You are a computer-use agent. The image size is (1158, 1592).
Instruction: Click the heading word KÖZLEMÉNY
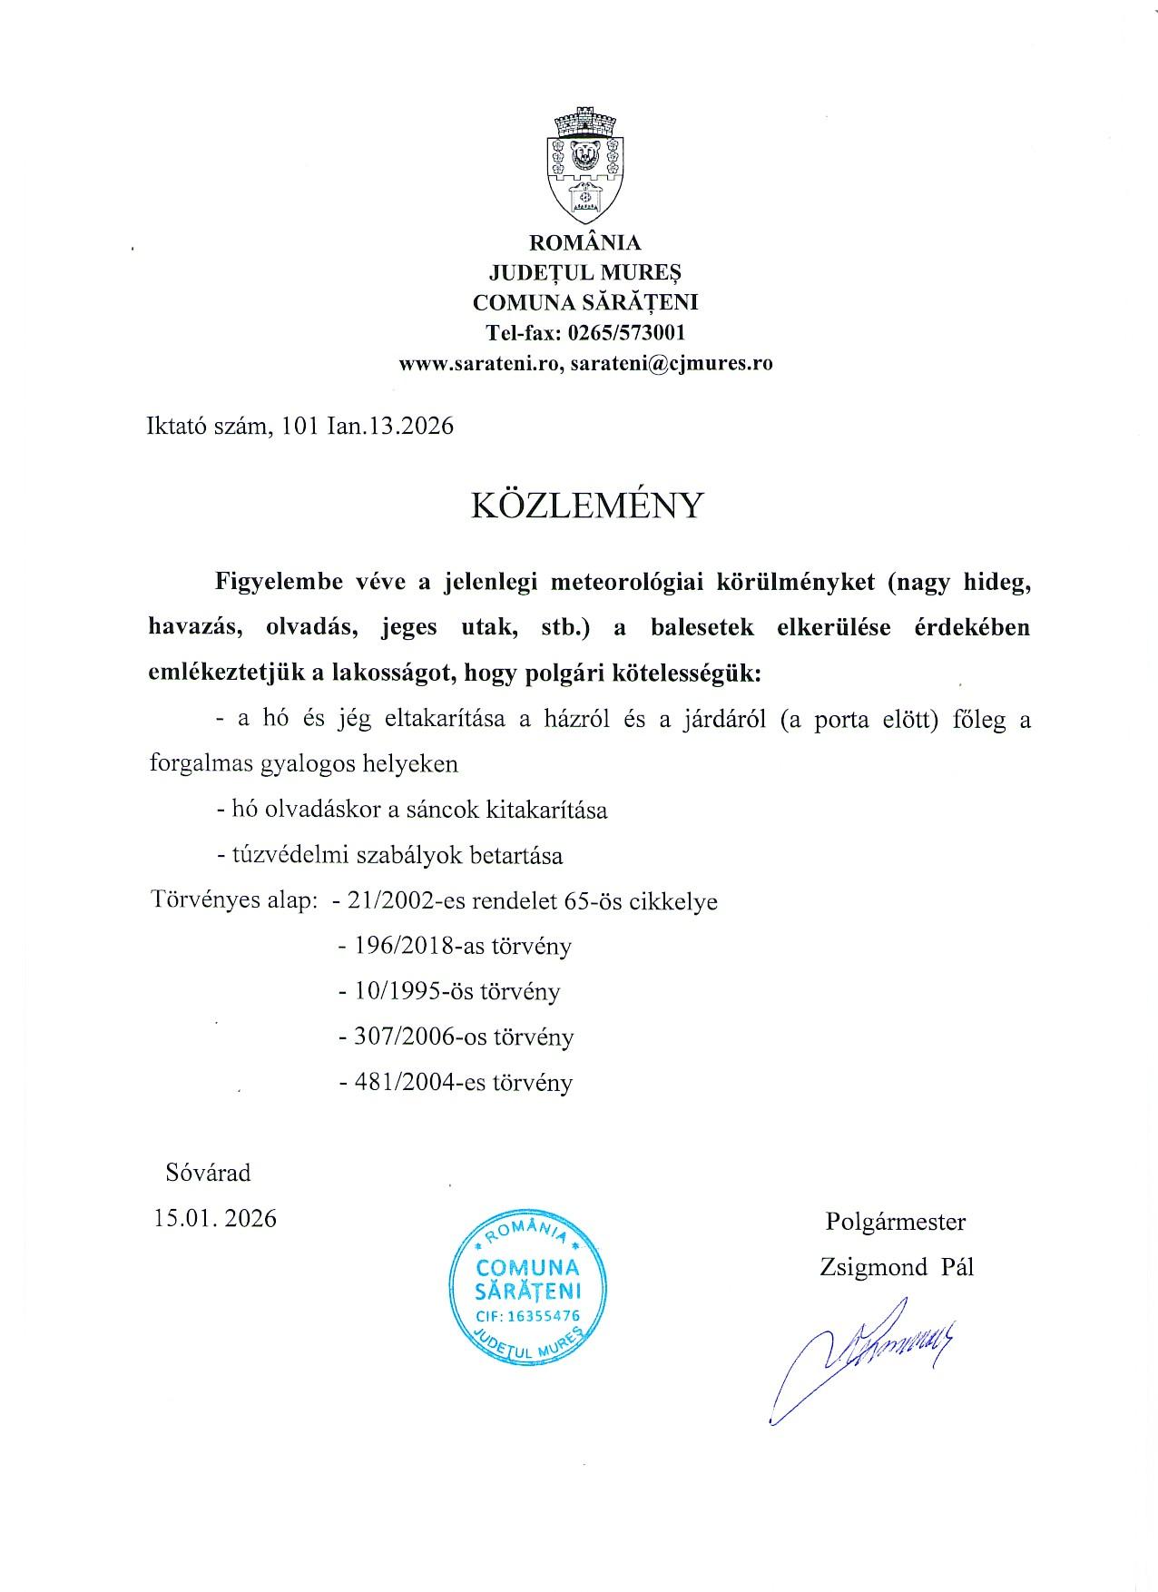586,505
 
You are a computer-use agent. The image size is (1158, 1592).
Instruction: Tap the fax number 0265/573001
626,332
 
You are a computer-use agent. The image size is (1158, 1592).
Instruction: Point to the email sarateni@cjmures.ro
672,364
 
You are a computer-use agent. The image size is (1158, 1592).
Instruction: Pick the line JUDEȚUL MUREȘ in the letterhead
585,272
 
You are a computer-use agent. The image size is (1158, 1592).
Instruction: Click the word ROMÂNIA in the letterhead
585,242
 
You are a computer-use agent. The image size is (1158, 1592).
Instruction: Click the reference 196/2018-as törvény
454,947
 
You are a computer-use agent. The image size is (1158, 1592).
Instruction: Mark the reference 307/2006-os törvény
455,1037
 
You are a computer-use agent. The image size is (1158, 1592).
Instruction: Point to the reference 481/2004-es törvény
455,1082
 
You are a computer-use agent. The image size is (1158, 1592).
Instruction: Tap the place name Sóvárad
208,1173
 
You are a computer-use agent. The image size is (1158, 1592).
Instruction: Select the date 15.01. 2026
215,1218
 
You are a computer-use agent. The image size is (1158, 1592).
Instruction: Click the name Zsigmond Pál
896,1267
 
